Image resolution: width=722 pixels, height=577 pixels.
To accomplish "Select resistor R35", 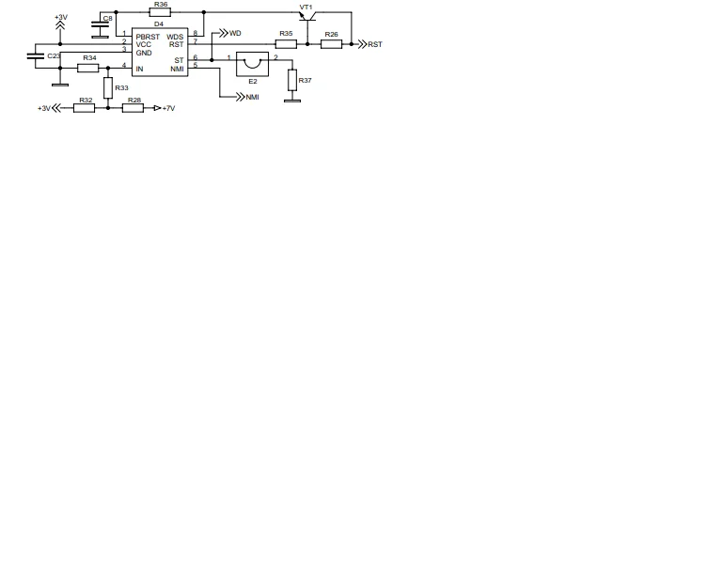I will pos(286,43).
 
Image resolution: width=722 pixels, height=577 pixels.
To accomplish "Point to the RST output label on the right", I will pos(375,44).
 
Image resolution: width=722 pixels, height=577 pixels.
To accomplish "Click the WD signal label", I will pos(235,33).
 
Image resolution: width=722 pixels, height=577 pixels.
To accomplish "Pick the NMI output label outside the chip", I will pos(252,98).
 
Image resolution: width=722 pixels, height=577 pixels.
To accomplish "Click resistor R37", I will pos(292,79).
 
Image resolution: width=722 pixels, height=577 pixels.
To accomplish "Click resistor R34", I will pos(88,67).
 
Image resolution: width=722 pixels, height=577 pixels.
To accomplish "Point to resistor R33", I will pos(108,88).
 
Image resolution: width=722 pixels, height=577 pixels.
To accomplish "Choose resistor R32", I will pos(84,108).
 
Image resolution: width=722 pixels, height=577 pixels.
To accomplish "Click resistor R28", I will pos(133,108).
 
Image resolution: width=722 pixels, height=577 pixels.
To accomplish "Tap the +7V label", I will pos(168,108).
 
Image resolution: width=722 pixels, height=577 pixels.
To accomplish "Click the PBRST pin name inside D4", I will pos(148,37).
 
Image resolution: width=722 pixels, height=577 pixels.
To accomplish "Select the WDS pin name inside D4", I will pos(176,37).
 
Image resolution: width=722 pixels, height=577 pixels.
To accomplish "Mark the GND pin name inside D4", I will pos(144,53).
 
